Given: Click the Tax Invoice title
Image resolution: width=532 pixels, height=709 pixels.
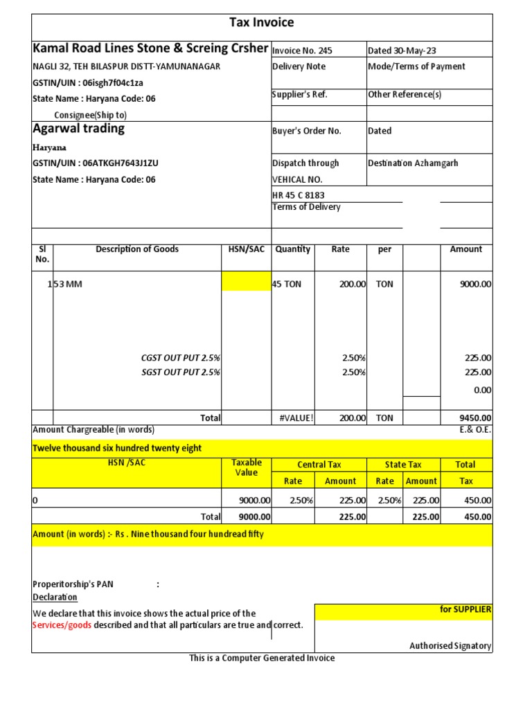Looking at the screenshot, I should pos(262,23).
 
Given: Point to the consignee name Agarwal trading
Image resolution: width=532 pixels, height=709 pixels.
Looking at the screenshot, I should pos(79,129).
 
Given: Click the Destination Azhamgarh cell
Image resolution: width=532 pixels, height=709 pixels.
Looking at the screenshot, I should pos(413,163).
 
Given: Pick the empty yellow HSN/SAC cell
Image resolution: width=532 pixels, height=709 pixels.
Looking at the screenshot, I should pos(246,281).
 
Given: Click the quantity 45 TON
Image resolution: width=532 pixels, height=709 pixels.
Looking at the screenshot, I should pos(287,284).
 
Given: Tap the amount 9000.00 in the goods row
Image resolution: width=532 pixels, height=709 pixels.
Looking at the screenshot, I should pos(476,284).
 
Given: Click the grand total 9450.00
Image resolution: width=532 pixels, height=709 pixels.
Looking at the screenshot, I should pos(475,418).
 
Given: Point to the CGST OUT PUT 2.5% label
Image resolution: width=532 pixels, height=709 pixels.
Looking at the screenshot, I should pos(181,358).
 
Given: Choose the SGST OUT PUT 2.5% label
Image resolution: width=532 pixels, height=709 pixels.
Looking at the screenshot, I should pos(181,373).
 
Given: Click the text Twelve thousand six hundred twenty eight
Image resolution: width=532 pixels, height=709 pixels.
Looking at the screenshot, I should pos(118,448).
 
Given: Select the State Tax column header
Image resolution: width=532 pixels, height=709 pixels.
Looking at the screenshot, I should pos(403,465).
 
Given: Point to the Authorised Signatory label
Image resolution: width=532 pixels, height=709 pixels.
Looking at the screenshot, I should pos(450,646).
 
